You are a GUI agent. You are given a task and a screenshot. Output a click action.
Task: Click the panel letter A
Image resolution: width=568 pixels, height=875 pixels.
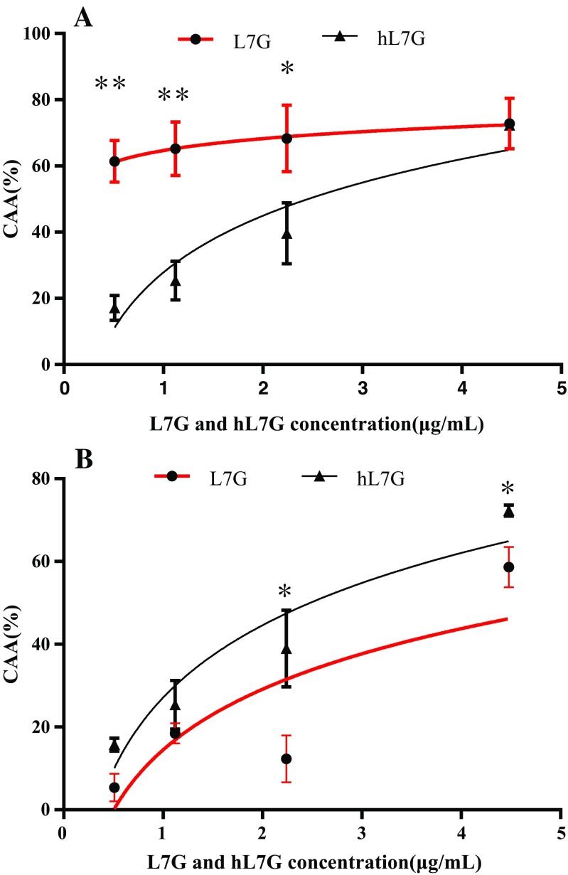83,16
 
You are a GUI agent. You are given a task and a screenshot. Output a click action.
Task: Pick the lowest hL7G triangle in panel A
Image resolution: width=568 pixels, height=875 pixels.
114,308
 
